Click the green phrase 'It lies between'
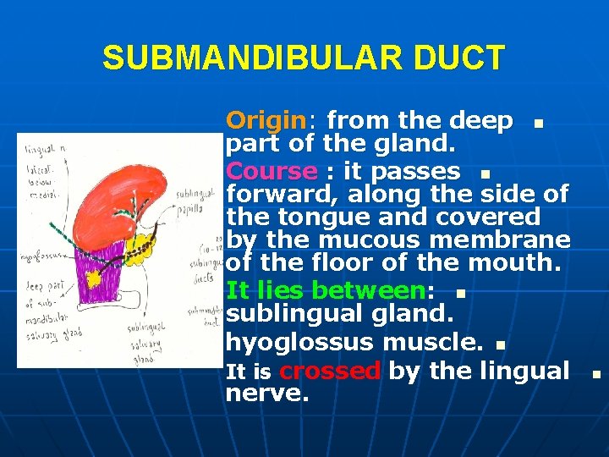click(326, 291)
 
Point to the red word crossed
click(329, 371)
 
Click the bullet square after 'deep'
click(536, 124)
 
